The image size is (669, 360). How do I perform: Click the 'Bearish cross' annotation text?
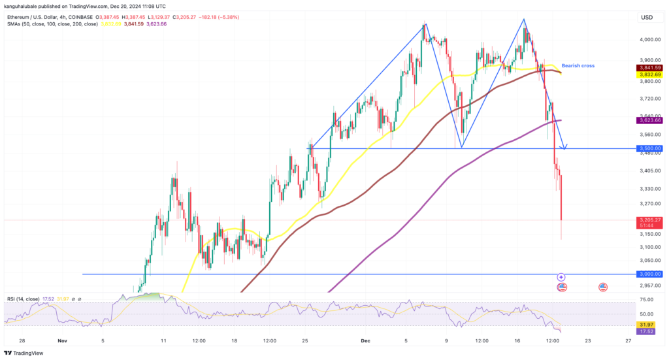coord(578,66)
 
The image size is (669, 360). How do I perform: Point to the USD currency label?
coord(647,18)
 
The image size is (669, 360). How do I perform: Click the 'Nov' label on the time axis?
coord(63,340)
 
